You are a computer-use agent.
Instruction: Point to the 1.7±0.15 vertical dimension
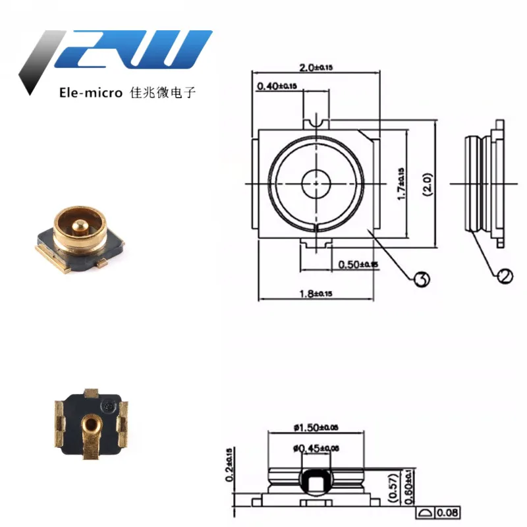click(401, 183)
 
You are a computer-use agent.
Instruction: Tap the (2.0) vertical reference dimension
click(427, 184)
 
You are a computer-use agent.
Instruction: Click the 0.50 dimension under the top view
click(358, 265)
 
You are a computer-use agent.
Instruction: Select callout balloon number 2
click(505, 276)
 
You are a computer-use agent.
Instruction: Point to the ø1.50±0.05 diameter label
click(316, 428)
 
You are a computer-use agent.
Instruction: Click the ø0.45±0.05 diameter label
click(316, 449)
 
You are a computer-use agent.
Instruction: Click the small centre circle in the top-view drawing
click(316, 182)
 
